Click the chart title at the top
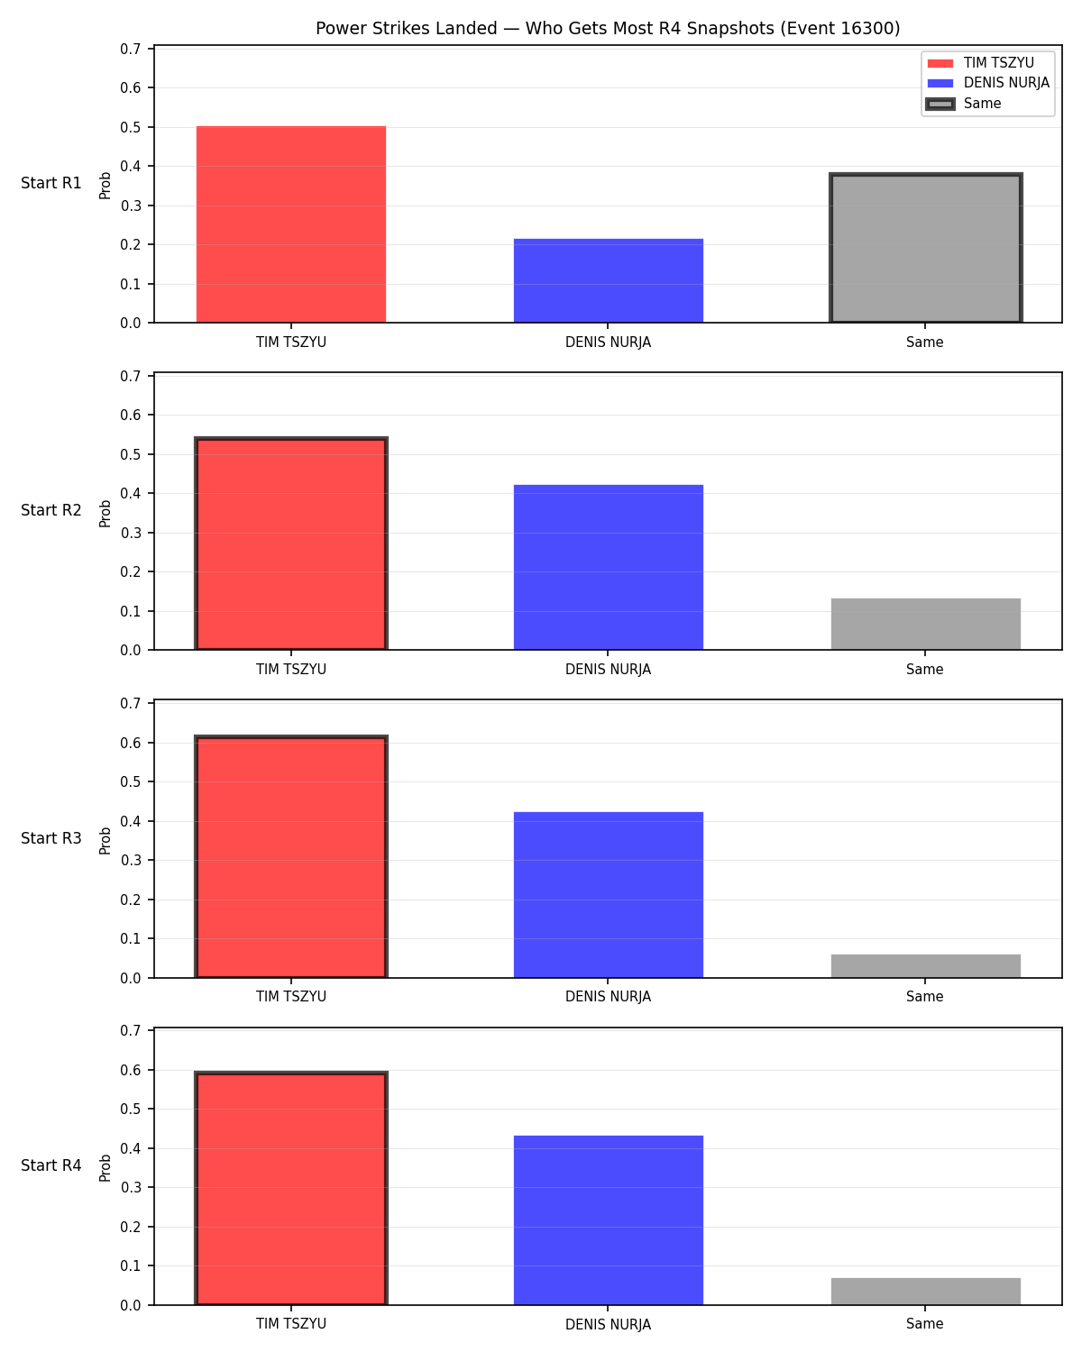608,28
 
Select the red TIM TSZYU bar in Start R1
291,224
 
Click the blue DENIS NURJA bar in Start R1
608,281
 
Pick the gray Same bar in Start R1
925,248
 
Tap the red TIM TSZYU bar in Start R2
291,544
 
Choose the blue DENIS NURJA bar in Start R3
608,895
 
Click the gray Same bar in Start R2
925,624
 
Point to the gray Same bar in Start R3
925,966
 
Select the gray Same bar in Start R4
925,1291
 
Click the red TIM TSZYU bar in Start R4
291,1188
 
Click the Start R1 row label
50,183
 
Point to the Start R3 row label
50,838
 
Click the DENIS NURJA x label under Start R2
608,670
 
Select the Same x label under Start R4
925,1324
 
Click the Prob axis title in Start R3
105,841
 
